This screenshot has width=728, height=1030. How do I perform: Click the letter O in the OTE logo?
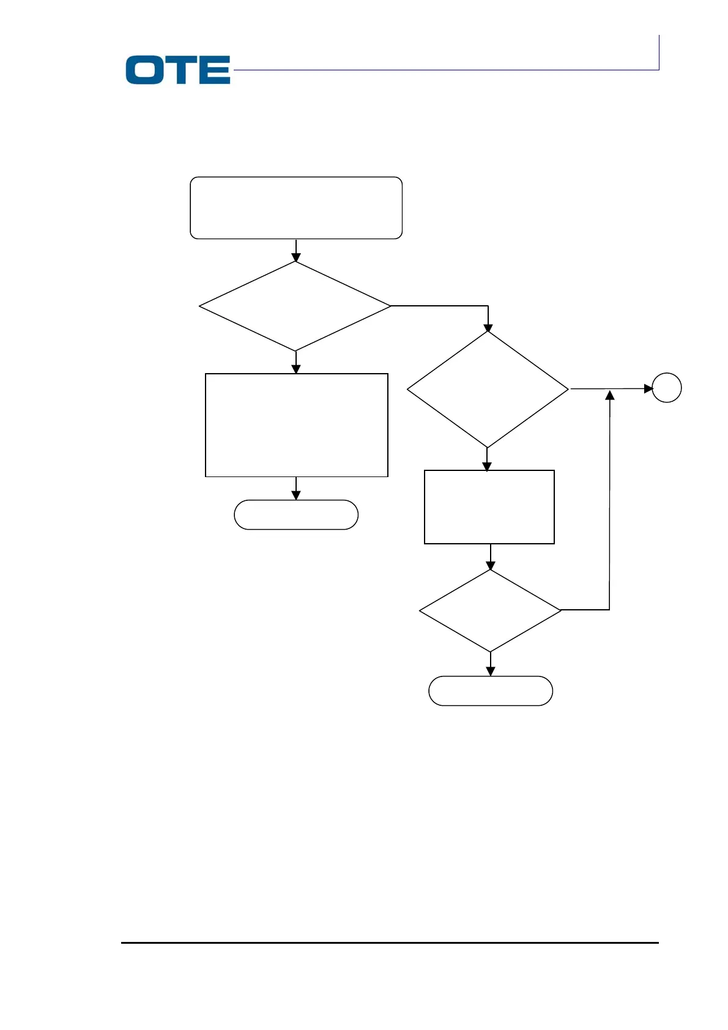pyautogui.click(x=144, y=70)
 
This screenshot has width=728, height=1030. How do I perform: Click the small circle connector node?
pyautogui.click(x=666, y=388)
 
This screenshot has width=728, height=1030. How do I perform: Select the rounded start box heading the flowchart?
pyautogui.click(x=296, y=208)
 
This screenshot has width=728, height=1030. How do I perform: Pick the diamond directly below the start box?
pyautogui.click(x=295, y=306)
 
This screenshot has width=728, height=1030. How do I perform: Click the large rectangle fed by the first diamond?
pyautogui.click(x=297, y=424)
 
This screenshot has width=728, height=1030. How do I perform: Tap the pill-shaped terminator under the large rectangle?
pyautogui.click(x=296, y=514)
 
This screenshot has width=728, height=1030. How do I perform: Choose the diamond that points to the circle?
pyautogui.click(x=488, y=389)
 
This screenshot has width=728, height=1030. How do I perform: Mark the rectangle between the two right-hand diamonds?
pyautogui.click(x=489, y=506)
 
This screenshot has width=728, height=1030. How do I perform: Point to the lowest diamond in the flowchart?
pyautogui.click(x=490, y=610)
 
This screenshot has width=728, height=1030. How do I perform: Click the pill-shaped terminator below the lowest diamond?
pyautogui.click(x=491, y=691)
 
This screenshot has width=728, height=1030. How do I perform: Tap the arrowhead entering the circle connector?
pyautogui.click(x=648, y=388)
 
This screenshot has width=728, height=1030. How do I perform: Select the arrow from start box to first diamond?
pyautogui.click(x=296, y=250)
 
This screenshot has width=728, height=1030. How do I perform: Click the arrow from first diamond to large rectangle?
pyautogui.click(x=296, y=362)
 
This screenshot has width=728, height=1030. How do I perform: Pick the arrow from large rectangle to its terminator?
pyautogui.click(x=296, y=488)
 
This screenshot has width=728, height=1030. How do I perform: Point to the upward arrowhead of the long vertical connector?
pyautogui.click(x=609, y=396)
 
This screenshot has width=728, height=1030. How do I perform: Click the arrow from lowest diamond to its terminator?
pyautogui.click(x=491, y=664)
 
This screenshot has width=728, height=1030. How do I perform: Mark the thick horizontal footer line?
pyautogui.click(x=390, y=943)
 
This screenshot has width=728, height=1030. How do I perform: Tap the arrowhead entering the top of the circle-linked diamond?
pyautogui.click(x=488, y=327)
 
